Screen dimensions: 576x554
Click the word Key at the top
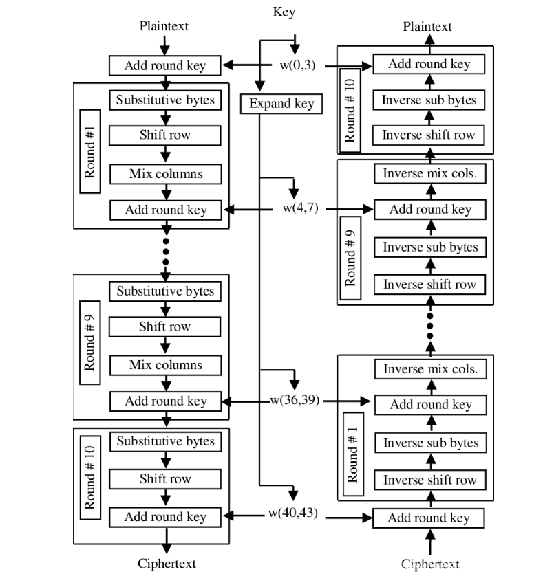point(284,12)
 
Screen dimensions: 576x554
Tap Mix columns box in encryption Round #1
point(165,173)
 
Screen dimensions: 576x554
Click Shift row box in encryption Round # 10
point(165,479)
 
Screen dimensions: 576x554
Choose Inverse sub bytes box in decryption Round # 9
point(429,247)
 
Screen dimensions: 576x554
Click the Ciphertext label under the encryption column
point(166,563)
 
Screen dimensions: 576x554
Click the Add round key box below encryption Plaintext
point(165,66)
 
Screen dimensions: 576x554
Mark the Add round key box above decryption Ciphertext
point(429,518)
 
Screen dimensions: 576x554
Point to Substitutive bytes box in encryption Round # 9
point(165,291)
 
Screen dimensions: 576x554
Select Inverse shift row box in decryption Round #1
point(429,479)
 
